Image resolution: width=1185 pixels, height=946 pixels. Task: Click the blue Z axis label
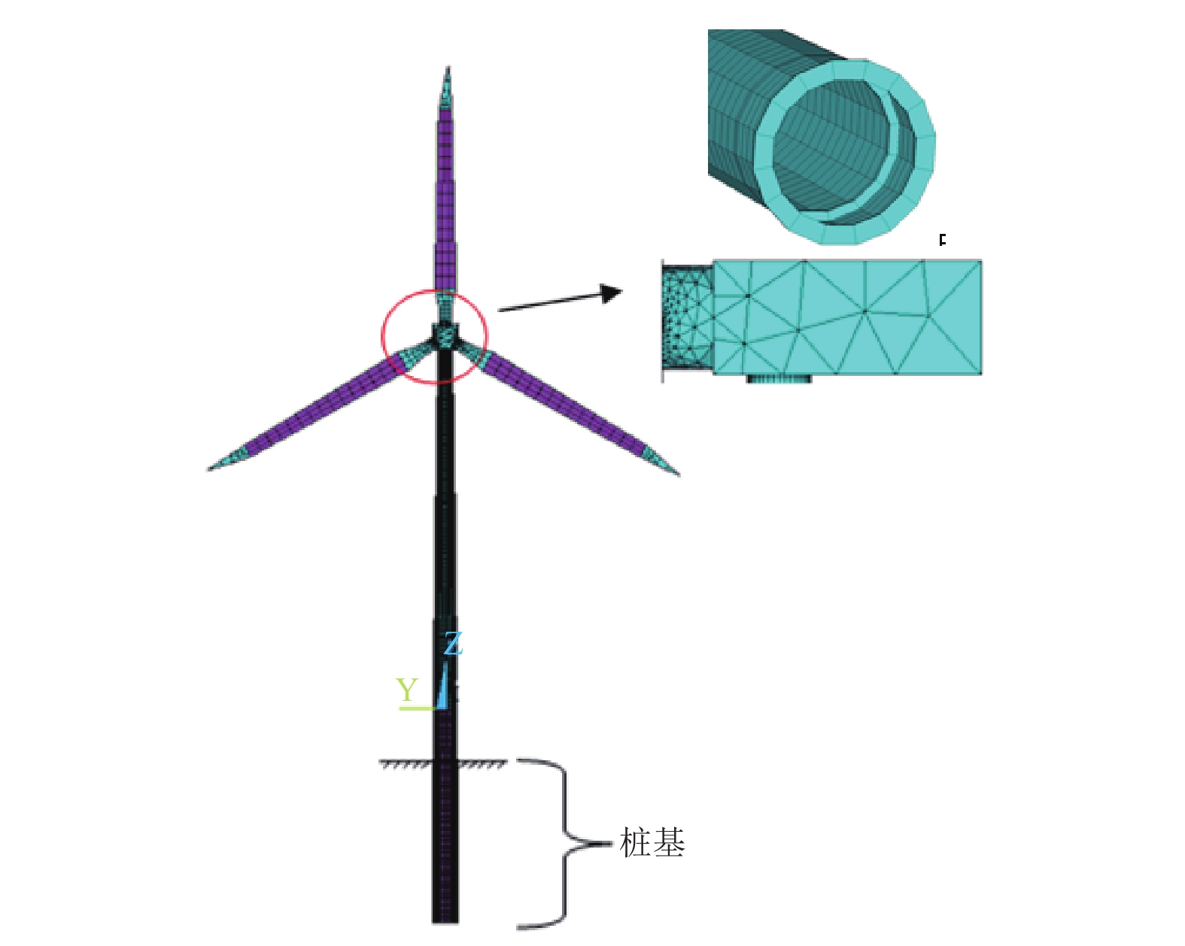453,643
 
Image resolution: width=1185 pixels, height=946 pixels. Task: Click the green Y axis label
408,690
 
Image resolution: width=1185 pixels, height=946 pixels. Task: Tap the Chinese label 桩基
652,841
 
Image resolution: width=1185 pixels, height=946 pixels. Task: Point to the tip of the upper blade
448,67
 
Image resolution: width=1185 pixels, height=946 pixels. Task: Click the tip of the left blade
209,469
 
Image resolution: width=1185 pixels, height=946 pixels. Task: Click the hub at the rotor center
444,335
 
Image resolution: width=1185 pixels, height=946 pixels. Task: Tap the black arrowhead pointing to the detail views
611,293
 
